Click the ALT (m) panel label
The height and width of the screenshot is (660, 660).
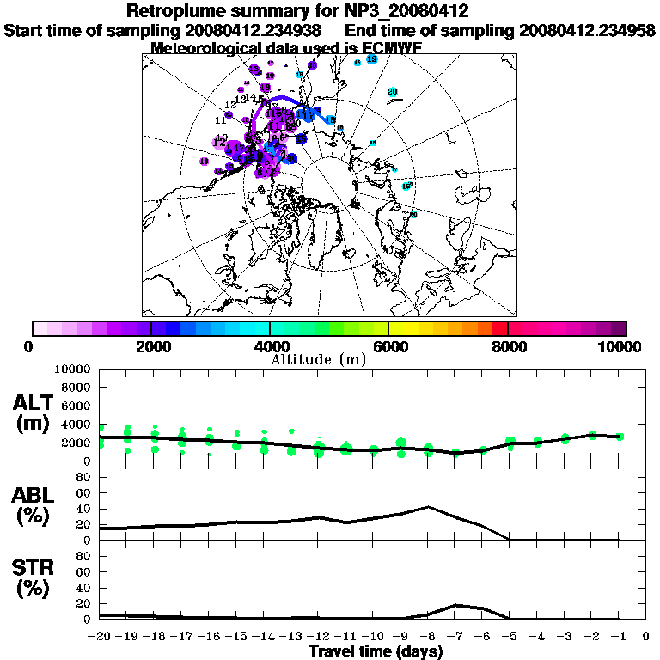coord(34,412)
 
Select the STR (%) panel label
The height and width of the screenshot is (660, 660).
coord(34,578)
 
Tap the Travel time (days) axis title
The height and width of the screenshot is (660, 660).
coord(376,652)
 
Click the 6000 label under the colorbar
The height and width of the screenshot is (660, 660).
coord(389,346)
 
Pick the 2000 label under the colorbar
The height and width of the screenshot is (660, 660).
coord(150,346)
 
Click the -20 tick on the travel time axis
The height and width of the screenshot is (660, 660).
coord(101,637)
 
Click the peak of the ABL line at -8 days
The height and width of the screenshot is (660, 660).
coord(428,507)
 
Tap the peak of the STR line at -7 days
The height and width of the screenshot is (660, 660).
coord(455,605)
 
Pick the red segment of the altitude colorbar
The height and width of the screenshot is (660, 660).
coord(499,328)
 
